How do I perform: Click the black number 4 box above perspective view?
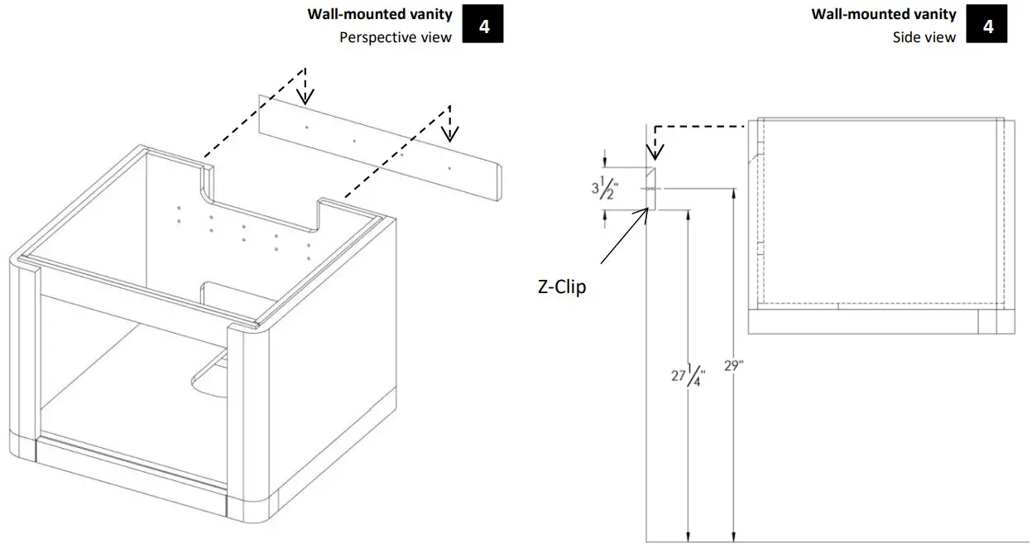484,26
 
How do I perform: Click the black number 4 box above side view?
988,26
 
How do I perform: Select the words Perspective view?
396,37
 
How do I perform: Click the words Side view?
924,37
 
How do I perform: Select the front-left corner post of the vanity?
24,356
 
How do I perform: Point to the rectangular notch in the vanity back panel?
261,199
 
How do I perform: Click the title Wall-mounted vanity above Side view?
884,14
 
